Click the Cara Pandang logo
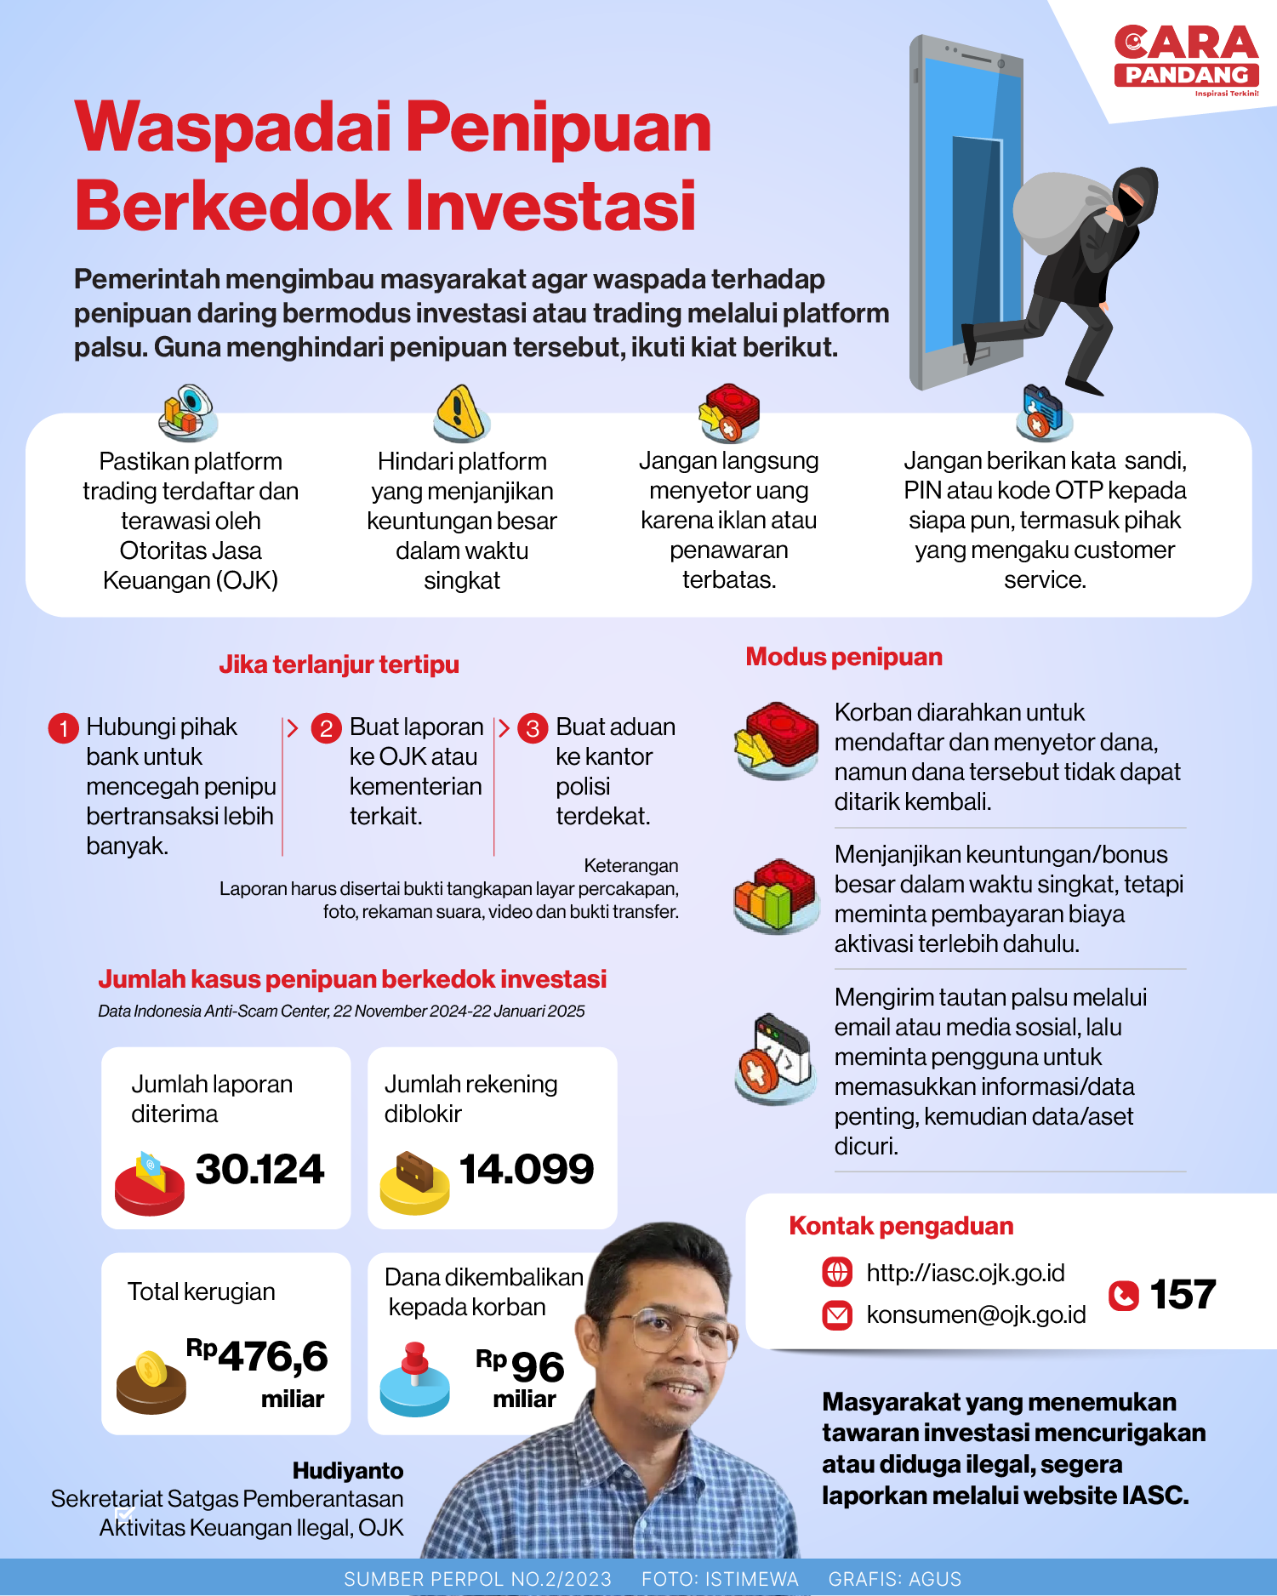[1186, 60]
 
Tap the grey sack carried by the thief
[1059, 213]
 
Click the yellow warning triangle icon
[460, 411]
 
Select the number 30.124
[259, 1169]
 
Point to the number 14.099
[527, 1169]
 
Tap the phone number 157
[1183, 1295]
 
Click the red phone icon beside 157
[1123, 1295]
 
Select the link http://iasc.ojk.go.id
[965, 1273]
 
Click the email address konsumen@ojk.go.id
[976, 1314]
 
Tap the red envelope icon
[837, 1315]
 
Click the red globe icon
[837, 1273]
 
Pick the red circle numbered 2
[326, 728]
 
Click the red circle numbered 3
[533, 728]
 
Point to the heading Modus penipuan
[844, 657]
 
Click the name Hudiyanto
[348, 1470]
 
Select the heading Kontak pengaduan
[901, 1226]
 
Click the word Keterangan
[630, 865]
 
